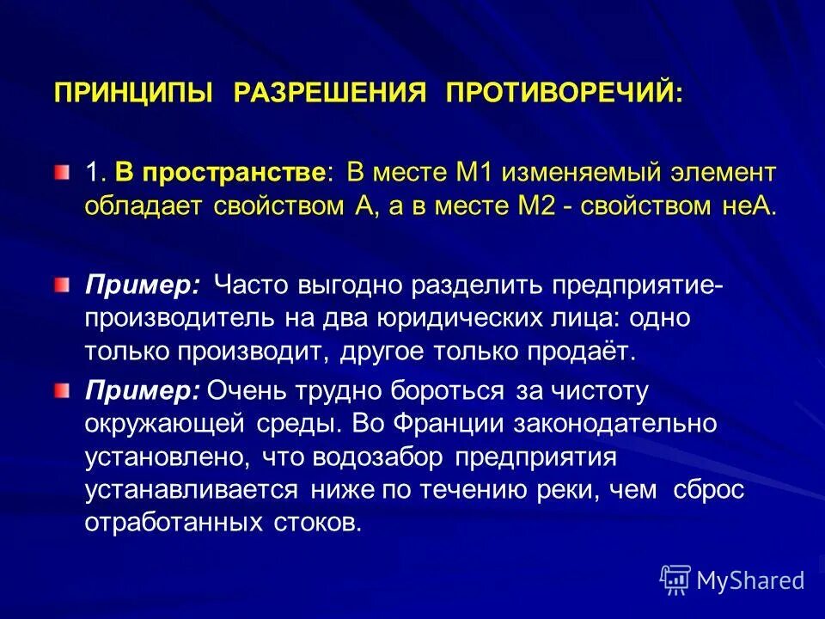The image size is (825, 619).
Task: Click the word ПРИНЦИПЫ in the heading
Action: tap(134, 92)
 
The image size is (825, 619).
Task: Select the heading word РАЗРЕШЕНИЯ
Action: tap(329, 92)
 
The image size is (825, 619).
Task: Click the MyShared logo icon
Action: tap(675, 580)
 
